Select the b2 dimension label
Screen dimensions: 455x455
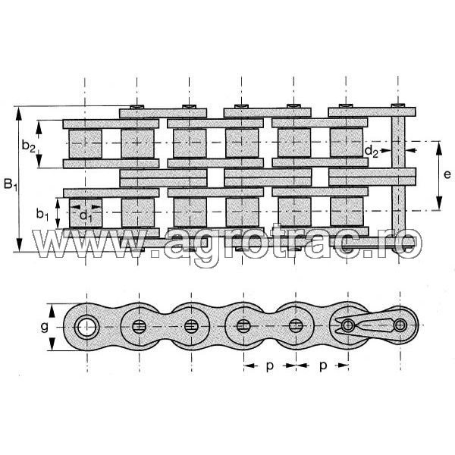(x=29, y=144)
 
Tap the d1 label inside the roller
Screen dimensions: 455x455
(x=86, y=217)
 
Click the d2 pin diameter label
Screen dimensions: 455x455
(x=372, y=152)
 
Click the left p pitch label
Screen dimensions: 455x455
(x=269, y=366)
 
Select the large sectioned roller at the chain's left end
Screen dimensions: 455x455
(x=85, y=327)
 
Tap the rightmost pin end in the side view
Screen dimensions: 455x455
(x=399, y=327)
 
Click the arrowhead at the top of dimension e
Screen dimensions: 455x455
(x=438, y=144)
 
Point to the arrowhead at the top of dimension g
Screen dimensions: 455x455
(x=53, y=307)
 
